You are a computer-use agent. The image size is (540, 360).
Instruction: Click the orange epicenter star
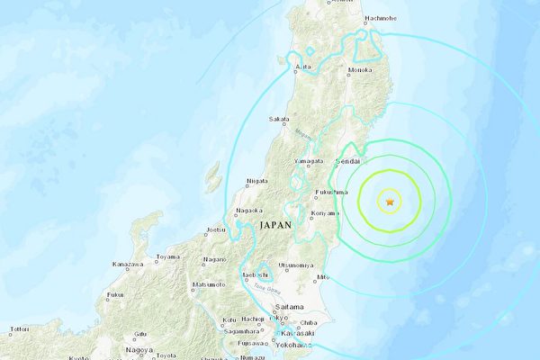tap(390, 203)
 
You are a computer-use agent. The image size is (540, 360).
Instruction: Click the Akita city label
tap(303, 67)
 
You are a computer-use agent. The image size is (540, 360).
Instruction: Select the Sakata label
tap(280, 119)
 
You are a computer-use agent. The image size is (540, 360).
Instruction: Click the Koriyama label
tap(324, 214)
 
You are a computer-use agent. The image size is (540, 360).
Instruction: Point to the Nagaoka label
tap(247, 211)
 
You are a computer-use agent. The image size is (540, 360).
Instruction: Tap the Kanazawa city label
tap(127, 264)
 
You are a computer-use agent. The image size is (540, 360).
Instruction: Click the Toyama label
tap(167, 257)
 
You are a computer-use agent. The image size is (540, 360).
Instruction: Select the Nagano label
tap(214, 259)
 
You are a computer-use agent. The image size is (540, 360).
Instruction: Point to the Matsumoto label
tap(208, 285)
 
